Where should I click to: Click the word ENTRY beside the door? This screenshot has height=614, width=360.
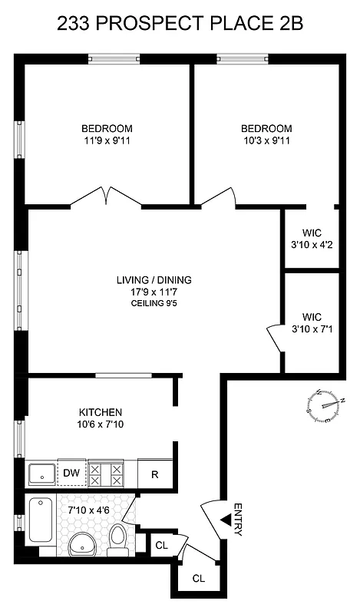coord(238,519)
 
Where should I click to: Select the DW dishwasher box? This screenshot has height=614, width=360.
coord(71,474)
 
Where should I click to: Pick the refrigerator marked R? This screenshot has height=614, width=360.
coord(154,474)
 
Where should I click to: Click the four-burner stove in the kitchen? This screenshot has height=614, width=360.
coord(106,474)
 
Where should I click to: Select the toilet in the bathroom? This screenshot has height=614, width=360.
coord(118,539)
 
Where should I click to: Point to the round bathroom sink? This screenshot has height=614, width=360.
coord(81,546)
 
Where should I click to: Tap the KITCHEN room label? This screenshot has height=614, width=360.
coord(101,412)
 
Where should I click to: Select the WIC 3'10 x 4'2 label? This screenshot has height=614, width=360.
coord(311,239)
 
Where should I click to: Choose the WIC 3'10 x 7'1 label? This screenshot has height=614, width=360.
coord(311,322)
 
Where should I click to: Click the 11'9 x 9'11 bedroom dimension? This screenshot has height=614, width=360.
coord(107,140)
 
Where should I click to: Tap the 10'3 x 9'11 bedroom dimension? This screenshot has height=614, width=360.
coord(266,140)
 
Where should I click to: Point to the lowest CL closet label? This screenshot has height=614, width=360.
coord(198,577)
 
